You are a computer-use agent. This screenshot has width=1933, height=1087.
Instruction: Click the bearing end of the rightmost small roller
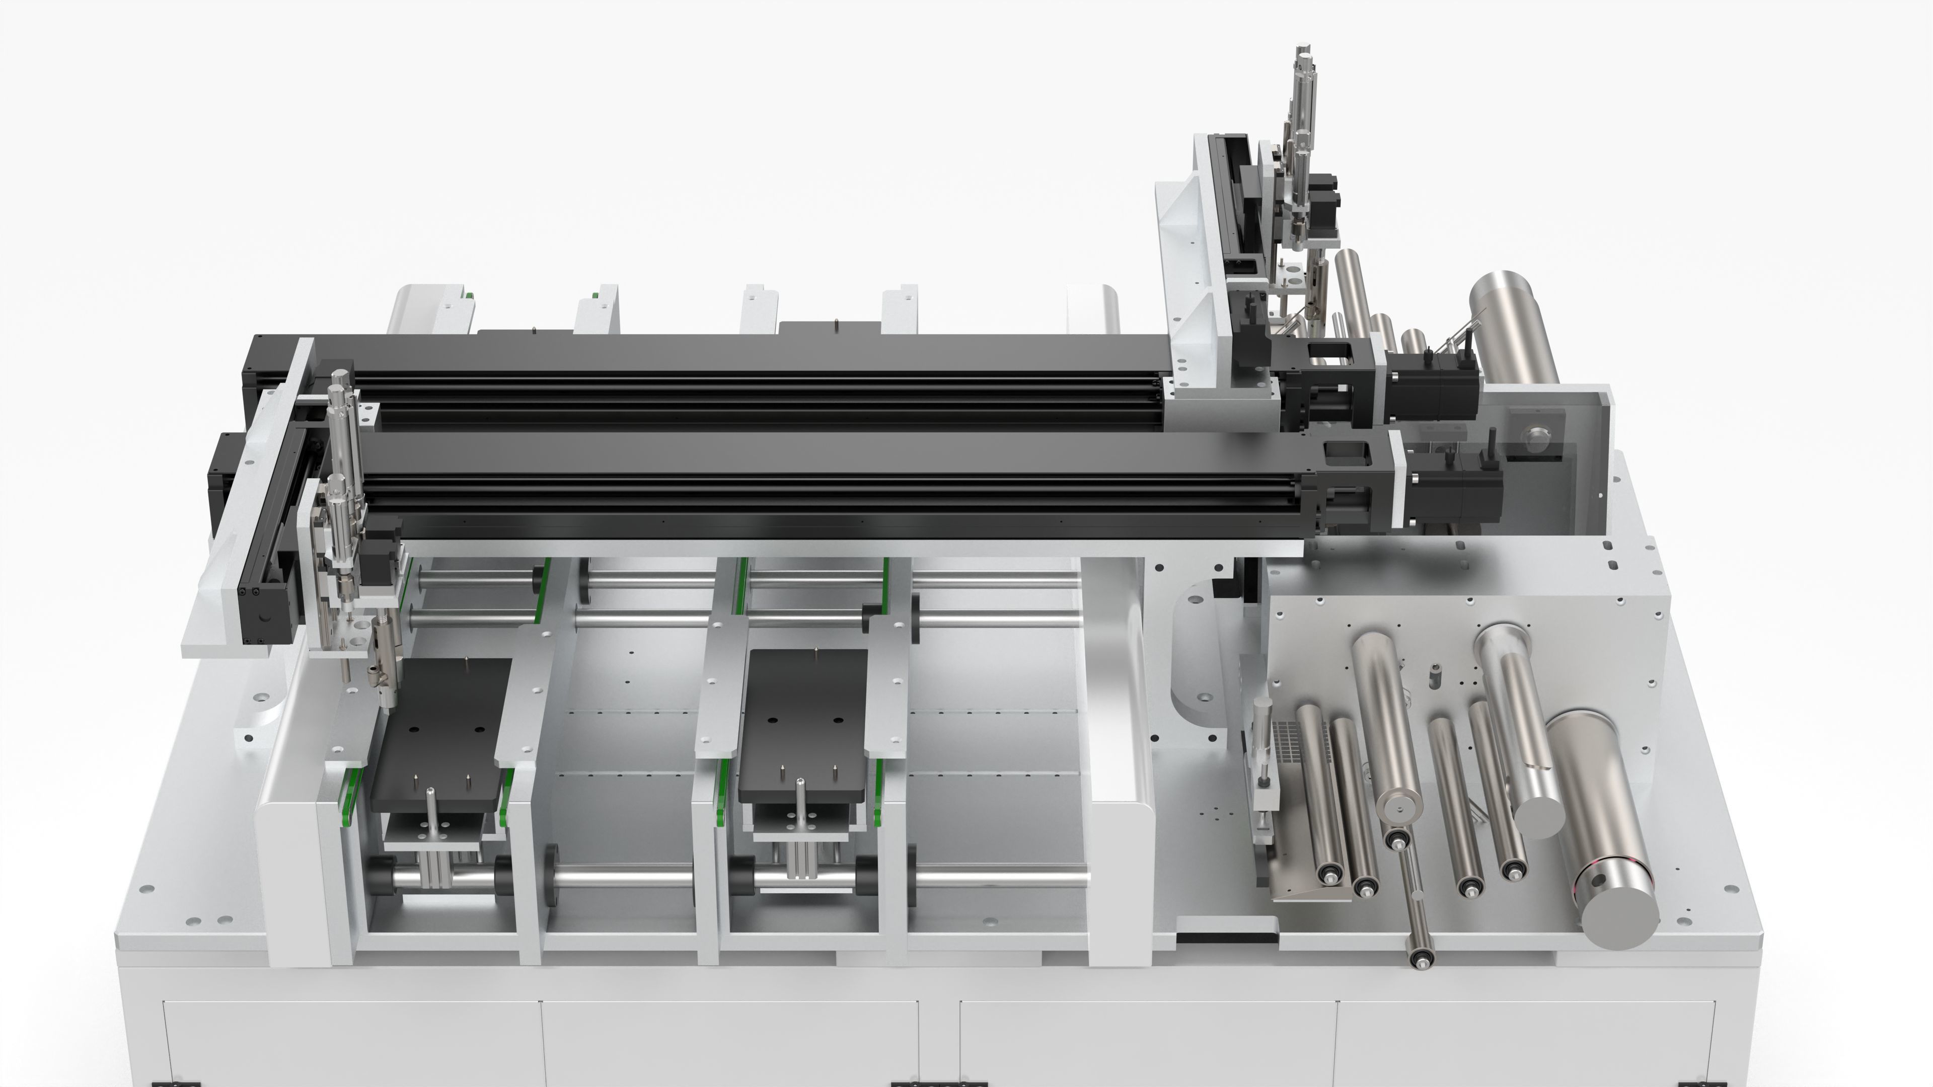(x=1514, y=870)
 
